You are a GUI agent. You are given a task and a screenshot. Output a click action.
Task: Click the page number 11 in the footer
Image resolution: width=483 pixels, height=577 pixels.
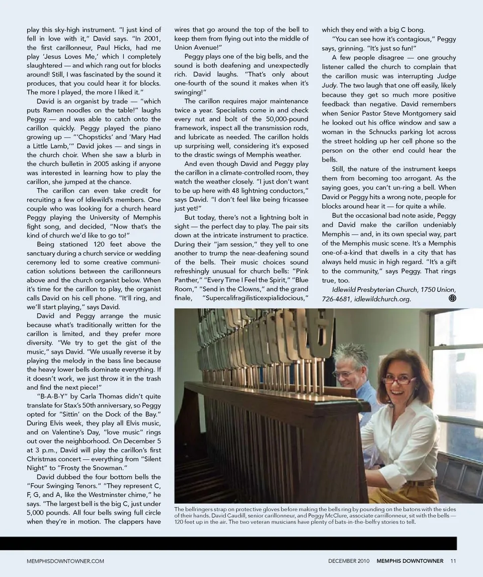tap(453, 561)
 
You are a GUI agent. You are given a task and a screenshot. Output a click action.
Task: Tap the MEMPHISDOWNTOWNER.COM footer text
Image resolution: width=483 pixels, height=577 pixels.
tap(65, 561)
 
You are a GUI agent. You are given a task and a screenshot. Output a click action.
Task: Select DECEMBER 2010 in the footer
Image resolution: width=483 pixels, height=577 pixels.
tap(350, 561)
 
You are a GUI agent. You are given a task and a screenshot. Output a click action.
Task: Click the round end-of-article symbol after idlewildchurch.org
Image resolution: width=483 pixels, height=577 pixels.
tap(452, 298)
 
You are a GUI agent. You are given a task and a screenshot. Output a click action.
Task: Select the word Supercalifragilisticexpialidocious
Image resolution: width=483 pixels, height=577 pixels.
tap(255, 298)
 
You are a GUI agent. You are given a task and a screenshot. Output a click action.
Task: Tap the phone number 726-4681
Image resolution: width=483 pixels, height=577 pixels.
tap(336, 299)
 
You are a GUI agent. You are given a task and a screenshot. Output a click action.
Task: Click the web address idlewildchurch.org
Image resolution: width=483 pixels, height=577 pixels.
tap(382, 299)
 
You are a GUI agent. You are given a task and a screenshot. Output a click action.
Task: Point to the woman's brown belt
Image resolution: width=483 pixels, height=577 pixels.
tap(420, 482)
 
